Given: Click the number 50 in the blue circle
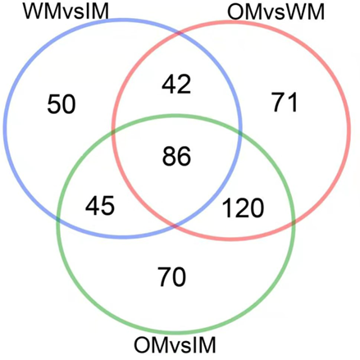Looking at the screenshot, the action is (x=62, y=104).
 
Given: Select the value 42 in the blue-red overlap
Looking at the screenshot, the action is (x=176, y=84).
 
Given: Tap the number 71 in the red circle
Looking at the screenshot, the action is (x=285, y=103).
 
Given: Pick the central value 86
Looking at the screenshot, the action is (x=176, y=156).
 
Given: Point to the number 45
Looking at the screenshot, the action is (x=100, y=206).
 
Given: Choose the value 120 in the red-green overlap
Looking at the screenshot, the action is (x=243, y=208).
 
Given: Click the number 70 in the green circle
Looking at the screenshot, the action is (x=172, y=276).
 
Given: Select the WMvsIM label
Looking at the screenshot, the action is (x=66, y=11).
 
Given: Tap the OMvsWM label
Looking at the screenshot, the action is (x=276, y=12).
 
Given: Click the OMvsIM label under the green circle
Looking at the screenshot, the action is (x=175, y=345).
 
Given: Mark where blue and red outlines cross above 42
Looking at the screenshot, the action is (x=179, y=34).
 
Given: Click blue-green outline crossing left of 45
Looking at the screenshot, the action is (x=59, y=218).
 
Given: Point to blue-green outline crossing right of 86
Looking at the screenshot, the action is (x=239, y=134).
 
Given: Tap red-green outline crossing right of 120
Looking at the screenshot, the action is (x=293, y=222).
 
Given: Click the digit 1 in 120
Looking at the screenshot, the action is (x=227, y=208).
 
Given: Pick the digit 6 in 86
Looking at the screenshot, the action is (x=184, y=156).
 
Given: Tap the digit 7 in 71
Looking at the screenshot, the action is (x=278, y=103).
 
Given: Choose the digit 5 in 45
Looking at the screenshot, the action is (x=107, y=206).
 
